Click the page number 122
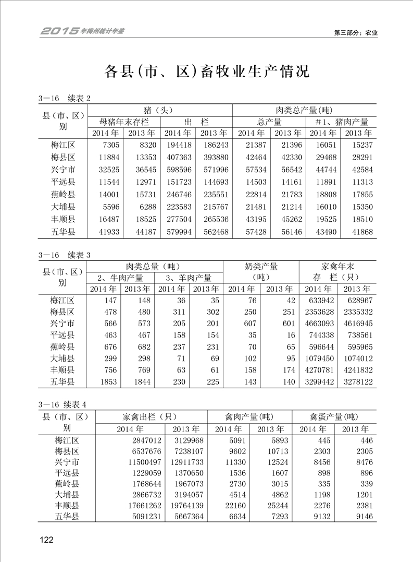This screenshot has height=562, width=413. (x=46, y=540)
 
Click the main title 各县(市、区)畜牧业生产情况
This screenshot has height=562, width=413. (x=207, y=71)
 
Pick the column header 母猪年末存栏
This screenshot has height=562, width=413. (x=124, y=122)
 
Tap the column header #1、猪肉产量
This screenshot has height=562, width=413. (x=342, y=122)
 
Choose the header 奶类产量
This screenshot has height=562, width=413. (x=261, y=266)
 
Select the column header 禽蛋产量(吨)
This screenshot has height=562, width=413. (x=333, y=417)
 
